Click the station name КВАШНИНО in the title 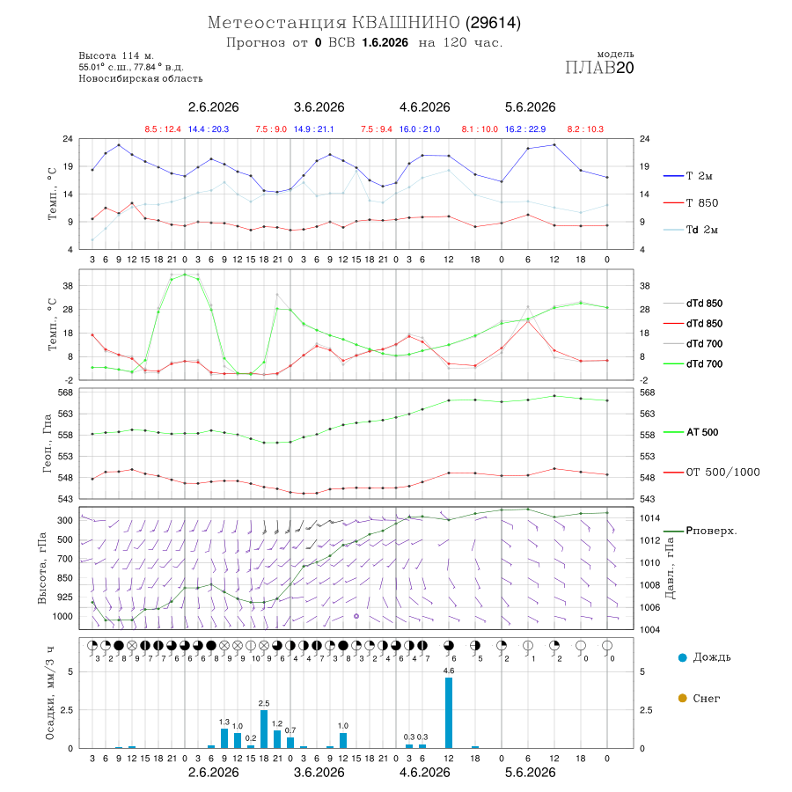pos(406,23)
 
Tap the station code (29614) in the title pos(493,23)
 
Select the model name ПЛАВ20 pos(599,68)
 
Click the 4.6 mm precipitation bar pos(449,713)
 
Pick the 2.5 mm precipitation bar pos(264,729)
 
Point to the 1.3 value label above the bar pos(224,722)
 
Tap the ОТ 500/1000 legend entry pos(711,473)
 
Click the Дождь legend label pos(712,657)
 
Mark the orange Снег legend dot pos(682,698)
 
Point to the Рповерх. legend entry pos(700,531)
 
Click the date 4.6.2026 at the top pos(425,107)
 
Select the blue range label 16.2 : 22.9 pos(525,129)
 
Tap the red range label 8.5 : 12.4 pos(163,129)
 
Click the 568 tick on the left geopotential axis pos(66,392)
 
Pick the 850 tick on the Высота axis pos(64,578)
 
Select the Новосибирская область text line pos(141,78)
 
